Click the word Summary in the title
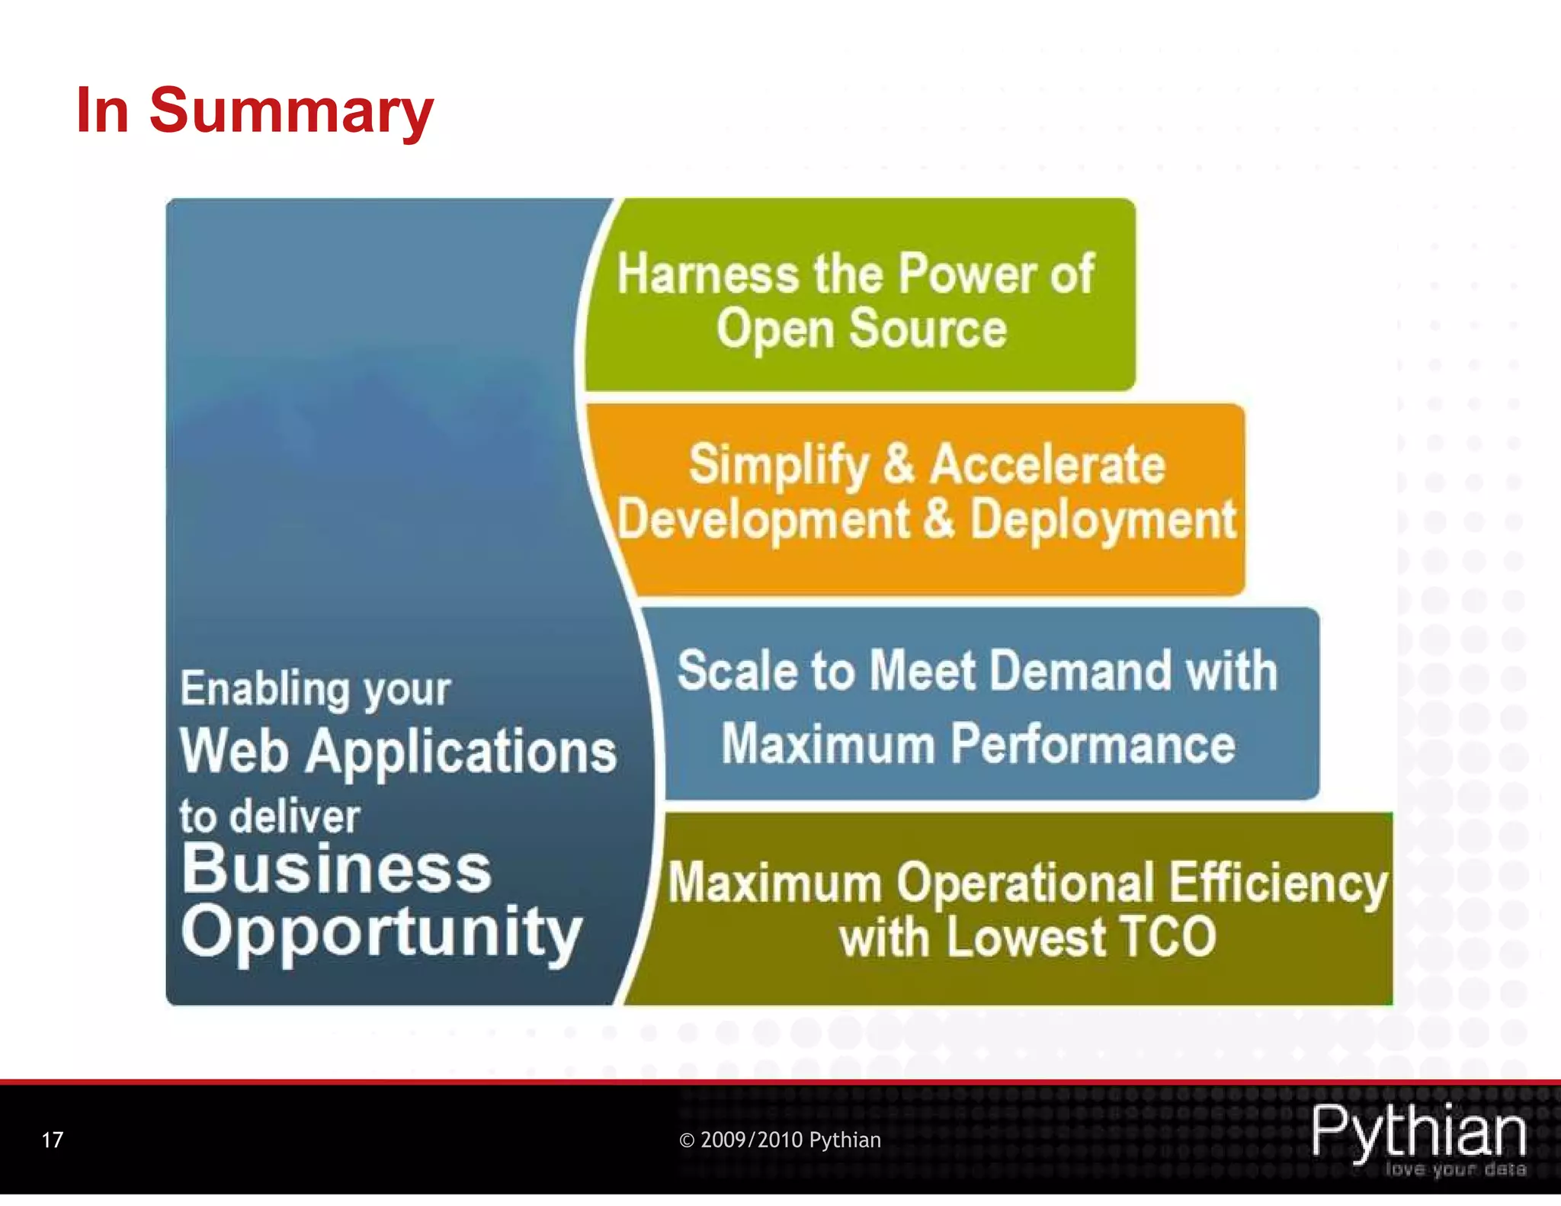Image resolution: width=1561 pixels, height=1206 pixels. click(x=291, y=111)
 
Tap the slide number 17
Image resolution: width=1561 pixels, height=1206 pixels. click(x=52, y=1140)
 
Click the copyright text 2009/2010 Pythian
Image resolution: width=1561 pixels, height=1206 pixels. click(x=780, y=1140)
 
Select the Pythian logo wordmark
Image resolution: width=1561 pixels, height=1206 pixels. click(x=1418, y=1131)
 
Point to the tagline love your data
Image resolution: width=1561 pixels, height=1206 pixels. click(x=1455, y=1169)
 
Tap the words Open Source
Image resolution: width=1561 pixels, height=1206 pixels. click(x=861, y=329)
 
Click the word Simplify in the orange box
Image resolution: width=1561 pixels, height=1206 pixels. click(x=778, y=464)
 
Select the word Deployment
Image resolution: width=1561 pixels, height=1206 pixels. click(x=1102, y=521)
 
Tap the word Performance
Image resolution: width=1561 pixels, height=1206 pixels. click(x=1093, y=744)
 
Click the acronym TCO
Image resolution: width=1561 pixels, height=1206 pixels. click(x=1168, y=937)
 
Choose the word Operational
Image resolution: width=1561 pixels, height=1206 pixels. click(x=1025, y=884)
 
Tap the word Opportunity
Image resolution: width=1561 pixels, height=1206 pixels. click(x=381, y=932)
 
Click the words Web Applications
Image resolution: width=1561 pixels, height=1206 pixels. click(x=398, y=751)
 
